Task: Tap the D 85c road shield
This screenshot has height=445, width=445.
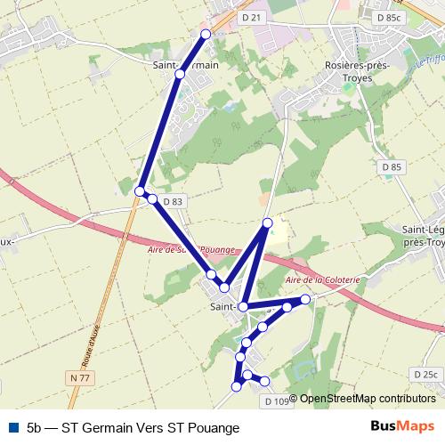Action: pos(389,17)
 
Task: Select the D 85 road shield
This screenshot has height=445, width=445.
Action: pos(391,166)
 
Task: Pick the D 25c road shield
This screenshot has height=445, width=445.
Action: pos(425,374)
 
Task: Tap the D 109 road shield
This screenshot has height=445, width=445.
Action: pos(277,402)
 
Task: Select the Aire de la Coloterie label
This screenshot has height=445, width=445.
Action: pos(321,279)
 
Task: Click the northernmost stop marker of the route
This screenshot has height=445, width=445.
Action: pos(206,34)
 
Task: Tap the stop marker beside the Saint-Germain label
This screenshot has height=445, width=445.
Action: pos(180,74)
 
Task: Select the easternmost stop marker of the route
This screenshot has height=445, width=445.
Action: pos(305,299)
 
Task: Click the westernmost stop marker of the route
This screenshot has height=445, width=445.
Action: pos(140,191)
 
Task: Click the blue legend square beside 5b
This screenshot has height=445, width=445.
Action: pos(12,427)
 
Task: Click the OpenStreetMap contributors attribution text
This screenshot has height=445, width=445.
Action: pos(367,399)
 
